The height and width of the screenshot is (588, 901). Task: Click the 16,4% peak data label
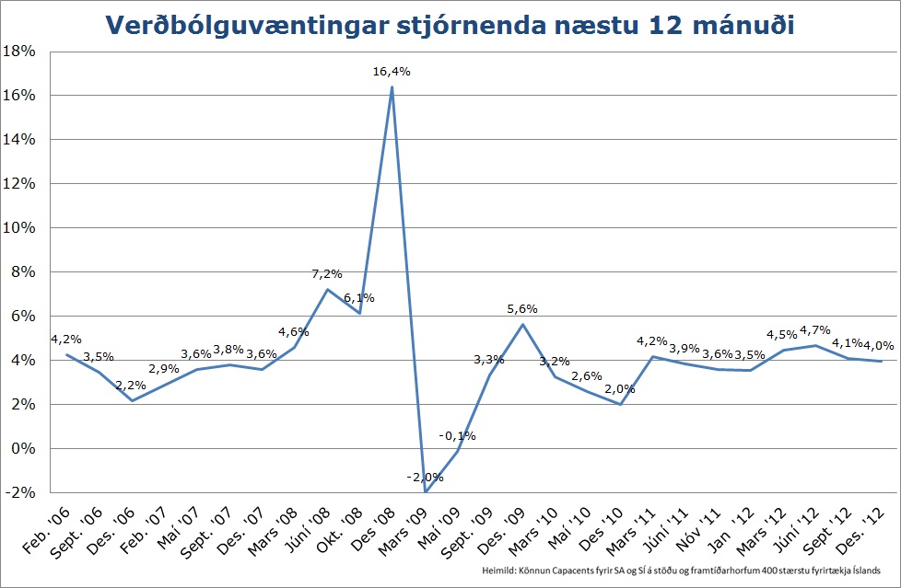coord(392,71)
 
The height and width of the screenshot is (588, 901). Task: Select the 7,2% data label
coord(327,273)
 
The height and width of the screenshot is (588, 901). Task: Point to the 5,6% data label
coord(522,309)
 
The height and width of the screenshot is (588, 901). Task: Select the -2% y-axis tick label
coord(20,493)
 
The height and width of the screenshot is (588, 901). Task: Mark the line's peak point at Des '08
coord(392,87)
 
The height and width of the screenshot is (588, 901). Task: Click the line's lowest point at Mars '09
coord(426,491)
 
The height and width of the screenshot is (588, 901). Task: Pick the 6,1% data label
coord(358,298)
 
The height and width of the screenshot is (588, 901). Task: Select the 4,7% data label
coord(815,329)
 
